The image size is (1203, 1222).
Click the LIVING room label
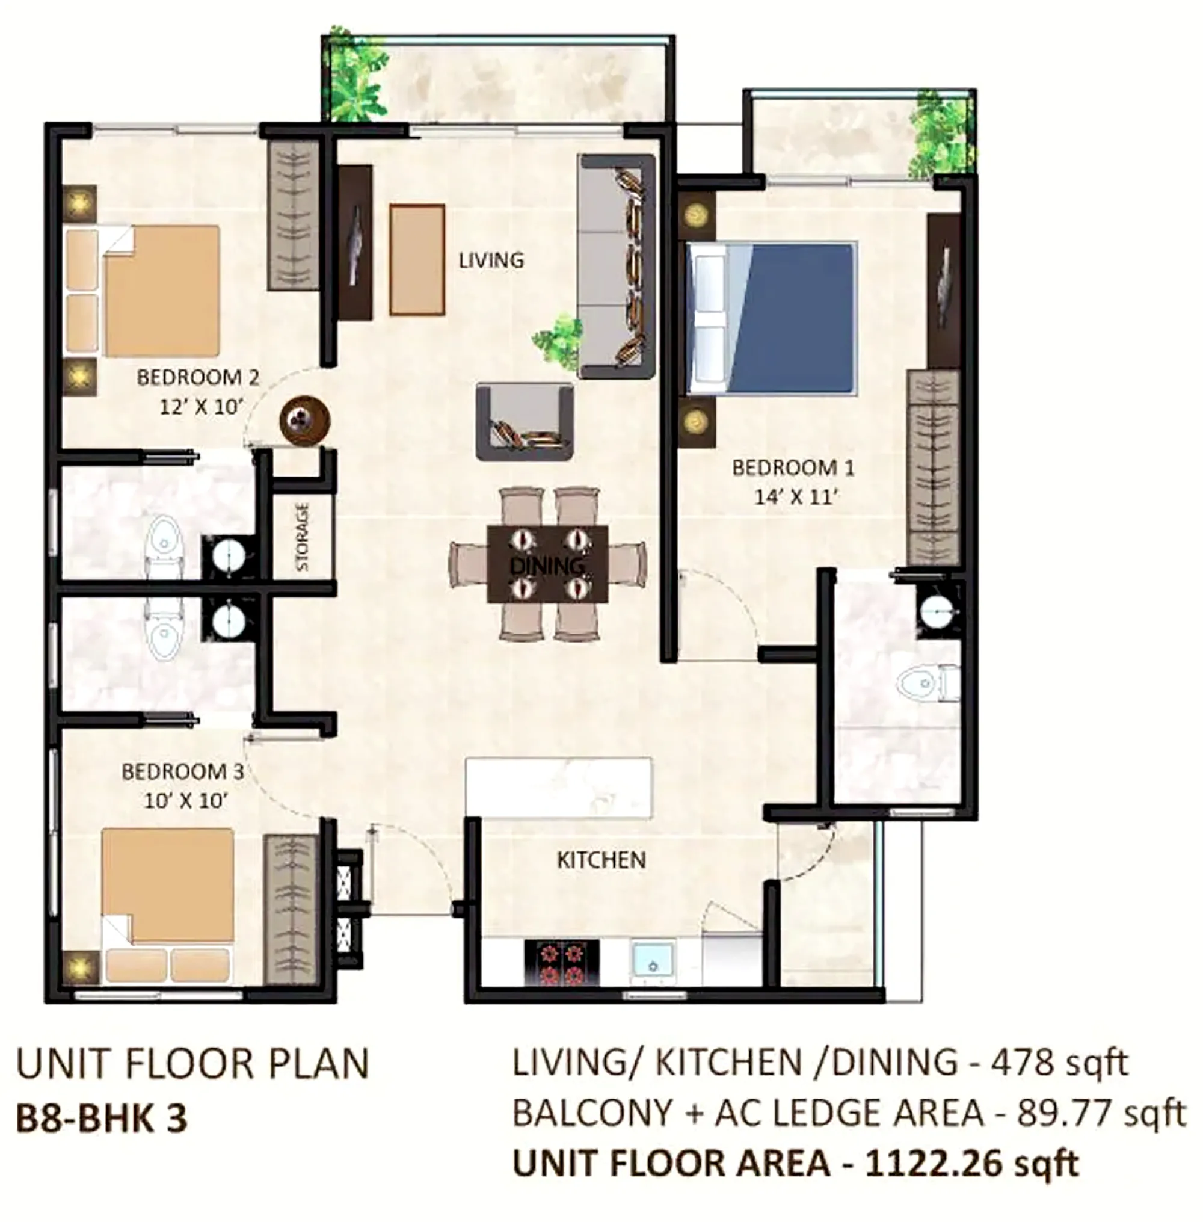pos(491,261)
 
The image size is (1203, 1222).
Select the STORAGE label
pos(303,537)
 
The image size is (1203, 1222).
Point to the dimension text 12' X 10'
pos(200,407)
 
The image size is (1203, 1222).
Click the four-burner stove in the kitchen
pos(562,963)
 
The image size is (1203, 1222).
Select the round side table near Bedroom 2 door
pos(305,419)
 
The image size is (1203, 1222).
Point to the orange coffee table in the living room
pos(417,260)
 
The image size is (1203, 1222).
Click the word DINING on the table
pos(547,566)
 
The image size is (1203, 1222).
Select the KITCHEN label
pos(601,860)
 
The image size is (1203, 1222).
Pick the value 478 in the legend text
pos(1020,1063)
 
